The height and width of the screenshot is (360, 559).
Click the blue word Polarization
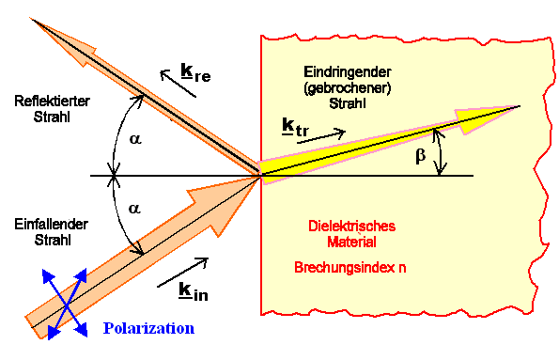148,328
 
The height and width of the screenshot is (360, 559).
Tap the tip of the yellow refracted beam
519,106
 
